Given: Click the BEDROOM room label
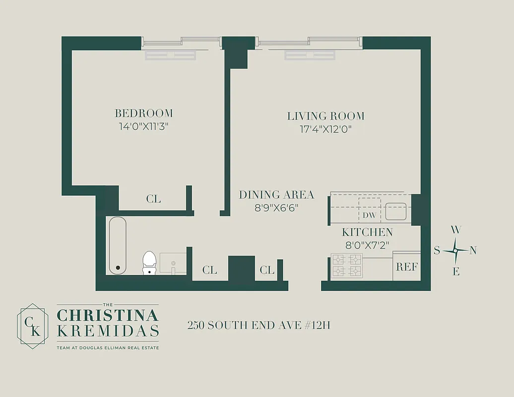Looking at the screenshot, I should tap(143, 113).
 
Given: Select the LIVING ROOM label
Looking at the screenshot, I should tap(326, 116).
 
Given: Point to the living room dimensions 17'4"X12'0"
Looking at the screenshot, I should tap(326, 130).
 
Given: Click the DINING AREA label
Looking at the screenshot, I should tap(276, 195).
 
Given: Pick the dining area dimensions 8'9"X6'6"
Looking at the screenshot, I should tap(276, 208).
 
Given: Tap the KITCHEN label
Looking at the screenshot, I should tap(367, 232).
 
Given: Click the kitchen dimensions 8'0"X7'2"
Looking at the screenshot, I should tap(367, 245).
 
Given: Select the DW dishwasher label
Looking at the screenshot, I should tap(368, 215).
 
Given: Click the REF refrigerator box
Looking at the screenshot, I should tap(406, 266).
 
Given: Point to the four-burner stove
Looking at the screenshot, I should tap(346, 265).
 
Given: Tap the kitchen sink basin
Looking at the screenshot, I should tap(397, 211).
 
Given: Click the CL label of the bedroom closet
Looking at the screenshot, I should tap(153, 199).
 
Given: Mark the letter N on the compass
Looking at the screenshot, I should tap(473, 251).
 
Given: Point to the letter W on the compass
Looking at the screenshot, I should tap(455, 230).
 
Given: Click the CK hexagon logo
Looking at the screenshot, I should tap(33, 326).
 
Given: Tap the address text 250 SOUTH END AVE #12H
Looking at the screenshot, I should tap(258, 326).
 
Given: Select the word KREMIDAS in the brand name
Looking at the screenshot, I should tap(108, 331).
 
